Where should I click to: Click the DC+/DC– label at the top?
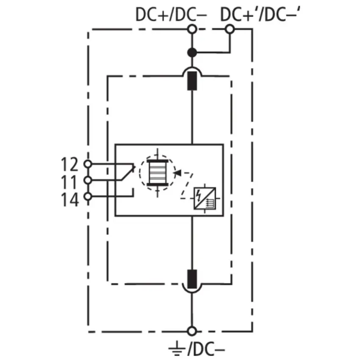click(x=171, y=14)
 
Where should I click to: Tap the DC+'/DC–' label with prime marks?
click(x=260, y=14)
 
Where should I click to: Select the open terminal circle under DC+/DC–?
click(x=192, y=29)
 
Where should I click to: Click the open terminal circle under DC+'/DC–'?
click(x=230, y=29)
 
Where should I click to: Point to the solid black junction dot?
click(x=192, y=53)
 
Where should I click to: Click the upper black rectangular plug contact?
click(x=192, y=81)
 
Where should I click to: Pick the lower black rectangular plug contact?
click(x=192, y=279)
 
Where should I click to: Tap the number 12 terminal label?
click(x=69, y=164)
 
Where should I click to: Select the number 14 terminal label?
click(x=70, y=199)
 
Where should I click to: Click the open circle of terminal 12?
click(x=88, y=164)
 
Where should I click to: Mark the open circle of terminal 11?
click(x=88, y=180)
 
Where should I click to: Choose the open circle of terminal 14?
click(x=88, y=197)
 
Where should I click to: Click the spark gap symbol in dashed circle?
click(x=158, y=173)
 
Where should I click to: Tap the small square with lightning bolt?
click(x=205, y=199)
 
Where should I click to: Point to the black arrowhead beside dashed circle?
click(x=177, y=173)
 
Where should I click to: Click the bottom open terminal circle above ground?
click(x=192, y=331)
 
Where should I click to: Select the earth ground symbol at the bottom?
click(x=177, y=348)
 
